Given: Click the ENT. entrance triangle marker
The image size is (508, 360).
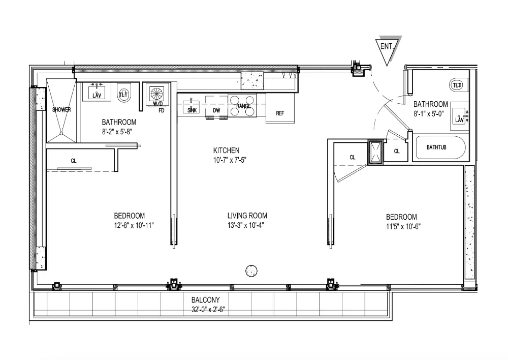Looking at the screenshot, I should tap(389, 48).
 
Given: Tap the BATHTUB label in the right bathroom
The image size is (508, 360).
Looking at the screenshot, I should tap(436, 147).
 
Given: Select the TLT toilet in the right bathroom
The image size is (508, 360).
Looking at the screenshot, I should tap(457, 85).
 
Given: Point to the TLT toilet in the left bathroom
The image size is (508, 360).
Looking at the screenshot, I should tap(124, 94).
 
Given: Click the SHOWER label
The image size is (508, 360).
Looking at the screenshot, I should tap(61, 109).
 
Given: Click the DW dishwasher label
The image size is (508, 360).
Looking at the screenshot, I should tap(216, 110).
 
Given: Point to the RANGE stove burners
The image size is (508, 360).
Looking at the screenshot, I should tap(243, 106).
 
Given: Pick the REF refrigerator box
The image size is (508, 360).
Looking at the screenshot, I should tap(280, 113).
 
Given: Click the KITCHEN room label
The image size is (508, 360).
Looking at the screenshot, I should tap(226, 151).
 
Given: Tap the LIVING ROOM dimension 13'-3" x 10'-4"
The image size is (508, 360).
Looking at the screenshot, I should tap(246, 225).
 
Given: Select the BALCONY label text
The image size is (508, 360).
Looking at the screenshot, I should tap(206, 300).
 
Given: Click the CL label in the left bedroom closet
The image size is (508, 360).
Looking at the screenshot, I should tap(74, 161).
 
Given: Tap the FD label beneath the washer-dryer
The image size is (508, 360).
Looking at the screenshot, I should tap(162, 110).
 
